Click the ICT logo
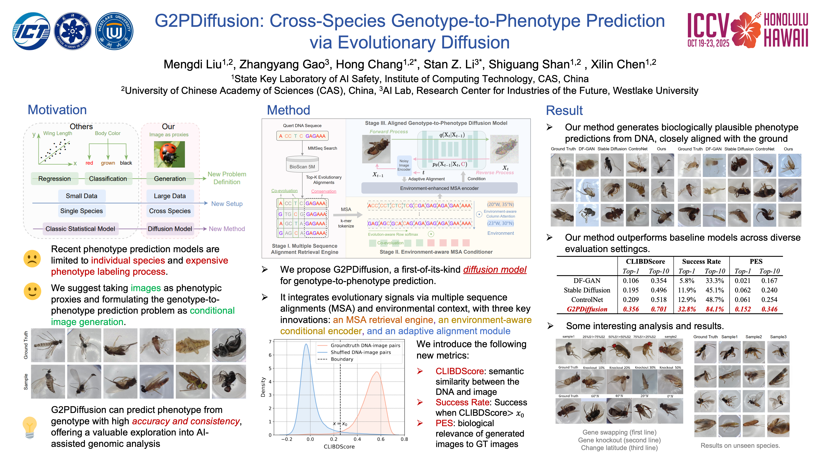(x=31, y=31)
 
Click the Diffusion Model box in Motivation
(x=170, y=229)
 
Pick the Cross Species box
(x=170, y=211)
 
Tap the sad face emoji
(x=32, y=258)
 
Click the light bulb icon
(x=30, y=427)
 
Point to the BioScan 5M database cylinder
(x=302, y=164)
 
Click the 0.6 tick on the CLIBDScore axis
(x=381, y=439)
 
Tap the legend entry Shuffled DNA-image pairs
(x=360, y=352)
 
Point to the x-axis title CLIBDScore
(x=339, y=447)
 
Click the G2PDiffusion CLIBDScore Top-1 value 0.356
(x=631, y=309)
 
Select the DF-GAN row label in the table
(x=587, y=281)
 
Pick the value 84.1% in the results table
(x=715, y=309)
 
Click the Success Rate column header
(x=701, y=262)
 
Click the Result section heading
(x=564, y=110)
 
